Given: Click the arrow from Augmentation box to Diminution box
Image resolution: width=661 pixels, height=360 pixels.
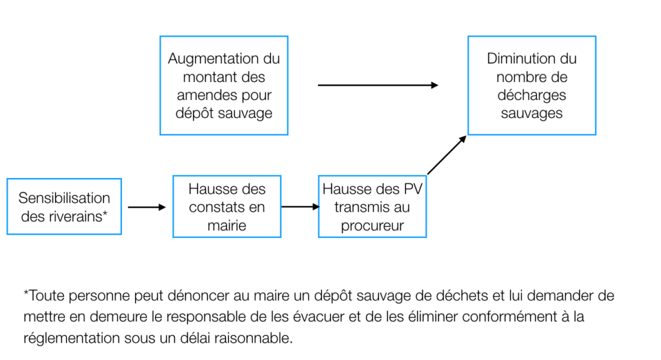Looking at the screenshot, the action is point(378,85).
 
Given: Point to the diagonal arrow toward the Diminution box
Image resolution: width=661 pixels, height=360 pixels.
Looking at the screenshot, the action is point(447,155).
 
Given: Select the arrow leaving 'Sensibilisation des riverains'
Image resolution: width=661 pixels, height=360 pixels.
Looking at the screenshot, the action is point(147,207).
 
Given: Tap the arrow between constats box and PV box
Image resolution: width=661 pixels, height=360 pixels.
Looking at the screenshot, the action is point(301,206).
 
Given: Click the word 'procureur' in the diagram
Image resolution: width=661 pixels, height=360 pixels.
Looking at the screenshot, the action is point(372,226).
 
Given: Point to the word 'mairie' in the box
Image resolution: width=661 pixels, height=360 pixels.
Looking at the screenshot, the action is point(227,226).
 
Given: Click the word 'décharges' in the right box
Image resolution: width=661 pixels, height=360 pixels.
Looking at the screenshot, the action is point(532,95).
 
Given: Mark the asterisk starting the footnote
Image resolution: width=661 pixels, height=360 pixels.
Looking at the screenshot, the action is point(26,292).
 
